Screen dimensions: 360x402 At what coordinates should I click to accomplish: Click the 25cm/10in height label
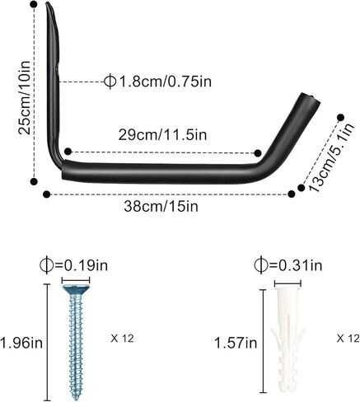[24, 98]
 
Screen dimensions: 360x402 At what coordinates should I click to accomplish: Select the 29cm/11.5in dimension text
[162, 135]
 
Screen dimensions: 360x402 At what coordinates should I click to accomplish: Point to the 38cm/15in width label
[161, 207]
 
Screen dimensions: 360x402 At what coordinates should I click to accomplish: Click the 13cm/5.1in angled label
[330, 157]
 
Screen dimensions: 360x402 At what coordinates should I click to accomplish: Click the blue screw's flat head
[76, 289]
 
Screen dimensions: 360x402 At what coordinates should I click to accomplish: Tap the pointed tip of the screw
[75, 398]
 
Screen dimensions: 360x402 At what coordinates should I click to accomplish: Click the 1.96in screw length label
[21, 343]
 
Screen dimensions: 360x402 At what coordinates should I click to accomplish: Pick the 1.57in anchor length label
[236, 343]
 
